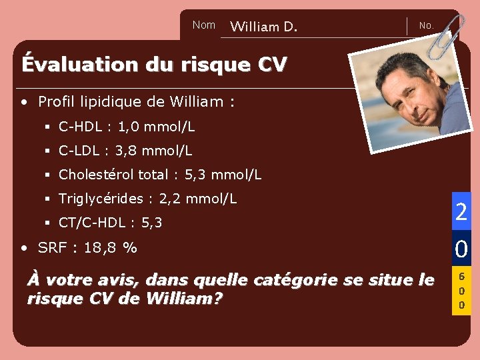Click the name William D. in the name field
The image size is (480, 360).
263,27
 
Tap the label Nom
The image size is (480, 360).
203,25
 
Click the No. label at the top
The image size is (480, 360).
426,26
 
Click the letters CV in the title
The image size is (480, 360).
272,64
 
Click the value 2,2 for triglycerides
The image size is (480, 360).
170,199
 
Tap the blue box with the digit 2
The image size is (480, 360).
461,211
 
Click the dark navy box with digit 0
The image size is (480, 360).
461,249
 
